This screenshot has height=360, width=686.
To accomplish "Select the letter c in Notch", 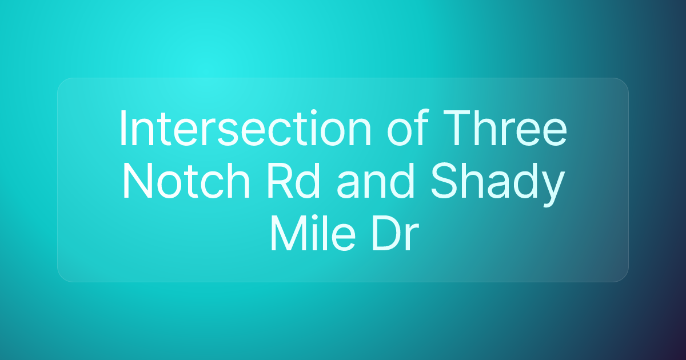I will (x=217, y=185).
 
